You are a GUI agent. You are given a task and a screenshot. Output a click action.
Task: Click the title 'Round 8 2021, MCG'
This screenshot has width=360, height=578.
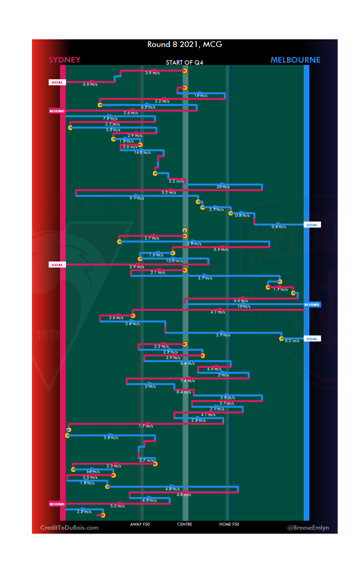[x=185, y=44]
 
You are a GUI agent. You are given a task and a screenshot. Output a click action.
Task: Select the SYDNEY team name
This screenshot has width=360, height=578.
[x=64, y=60]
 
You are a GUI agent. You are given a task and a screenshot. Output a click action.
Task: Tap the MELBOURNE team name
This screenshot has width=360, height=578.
[x=295, y=60]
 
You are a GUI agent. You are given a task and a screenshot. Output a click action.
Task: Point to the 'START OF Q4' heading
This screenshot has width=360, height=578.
[x=184, y=63]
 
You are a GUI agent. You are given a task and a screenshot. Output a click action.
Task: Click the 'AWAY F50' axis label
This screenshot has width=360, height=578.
[x=140, y=524]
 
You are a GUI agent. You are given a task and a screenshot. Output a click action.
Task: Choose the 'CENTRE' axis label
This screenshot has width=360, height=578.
[x=185, y=524]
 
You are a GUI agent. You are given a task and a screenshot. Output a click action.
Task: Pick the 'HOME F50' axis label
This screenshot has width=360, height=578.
[x=229, y=524]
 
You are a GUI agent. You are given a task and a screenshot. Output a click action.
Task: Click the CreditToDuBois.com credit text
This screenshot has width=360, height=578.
[x=69, y=528]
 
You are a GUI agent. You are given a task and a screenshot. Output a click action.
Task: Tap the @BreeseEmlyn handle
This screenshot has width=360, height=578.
[x=308, y=528]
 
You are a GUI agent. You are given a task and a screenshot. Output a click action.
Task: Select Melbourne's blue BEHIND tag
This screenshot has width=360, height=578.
[x=312, y=304]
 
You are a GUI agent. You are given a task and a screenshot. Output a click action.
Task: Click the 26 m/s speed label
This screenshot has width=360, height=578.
[x=223, y=187]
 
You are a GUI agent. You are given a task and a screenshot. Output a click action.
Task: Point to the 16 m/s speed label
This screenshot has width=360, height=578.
[x=201, y=96]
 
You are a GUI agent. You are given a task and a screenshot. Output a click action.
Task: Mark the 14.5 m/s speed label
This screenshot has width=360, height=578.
[x=142, y=153]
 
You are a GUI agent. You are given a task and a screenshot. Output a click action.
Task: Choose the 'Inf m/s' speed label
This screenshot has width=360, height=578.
[x=93, y=472]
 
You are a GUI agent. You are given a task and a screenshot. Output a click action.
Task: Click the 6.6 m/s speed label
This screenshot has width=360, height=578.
[x=90, y=84]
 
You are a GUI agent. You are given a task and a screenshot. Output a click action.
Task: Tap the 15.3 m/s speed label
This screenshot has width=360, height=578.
[x=174, y=261]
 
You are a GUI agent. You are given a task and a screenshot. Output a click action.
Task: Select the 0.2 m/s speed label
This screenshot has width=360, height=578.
[x=292, y=341]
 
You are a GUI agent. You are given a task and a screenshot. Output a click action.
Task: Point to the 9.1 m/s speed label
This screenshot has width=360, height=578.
[x=137, y=198]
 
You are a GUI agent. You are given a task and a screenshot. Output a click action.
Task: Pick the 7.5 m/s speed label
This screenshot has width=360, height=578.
[x=110, y=119]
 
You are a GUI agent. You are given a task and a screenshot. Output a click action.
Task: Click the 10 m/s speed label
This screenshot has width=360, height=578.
[x=244, y=306]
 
